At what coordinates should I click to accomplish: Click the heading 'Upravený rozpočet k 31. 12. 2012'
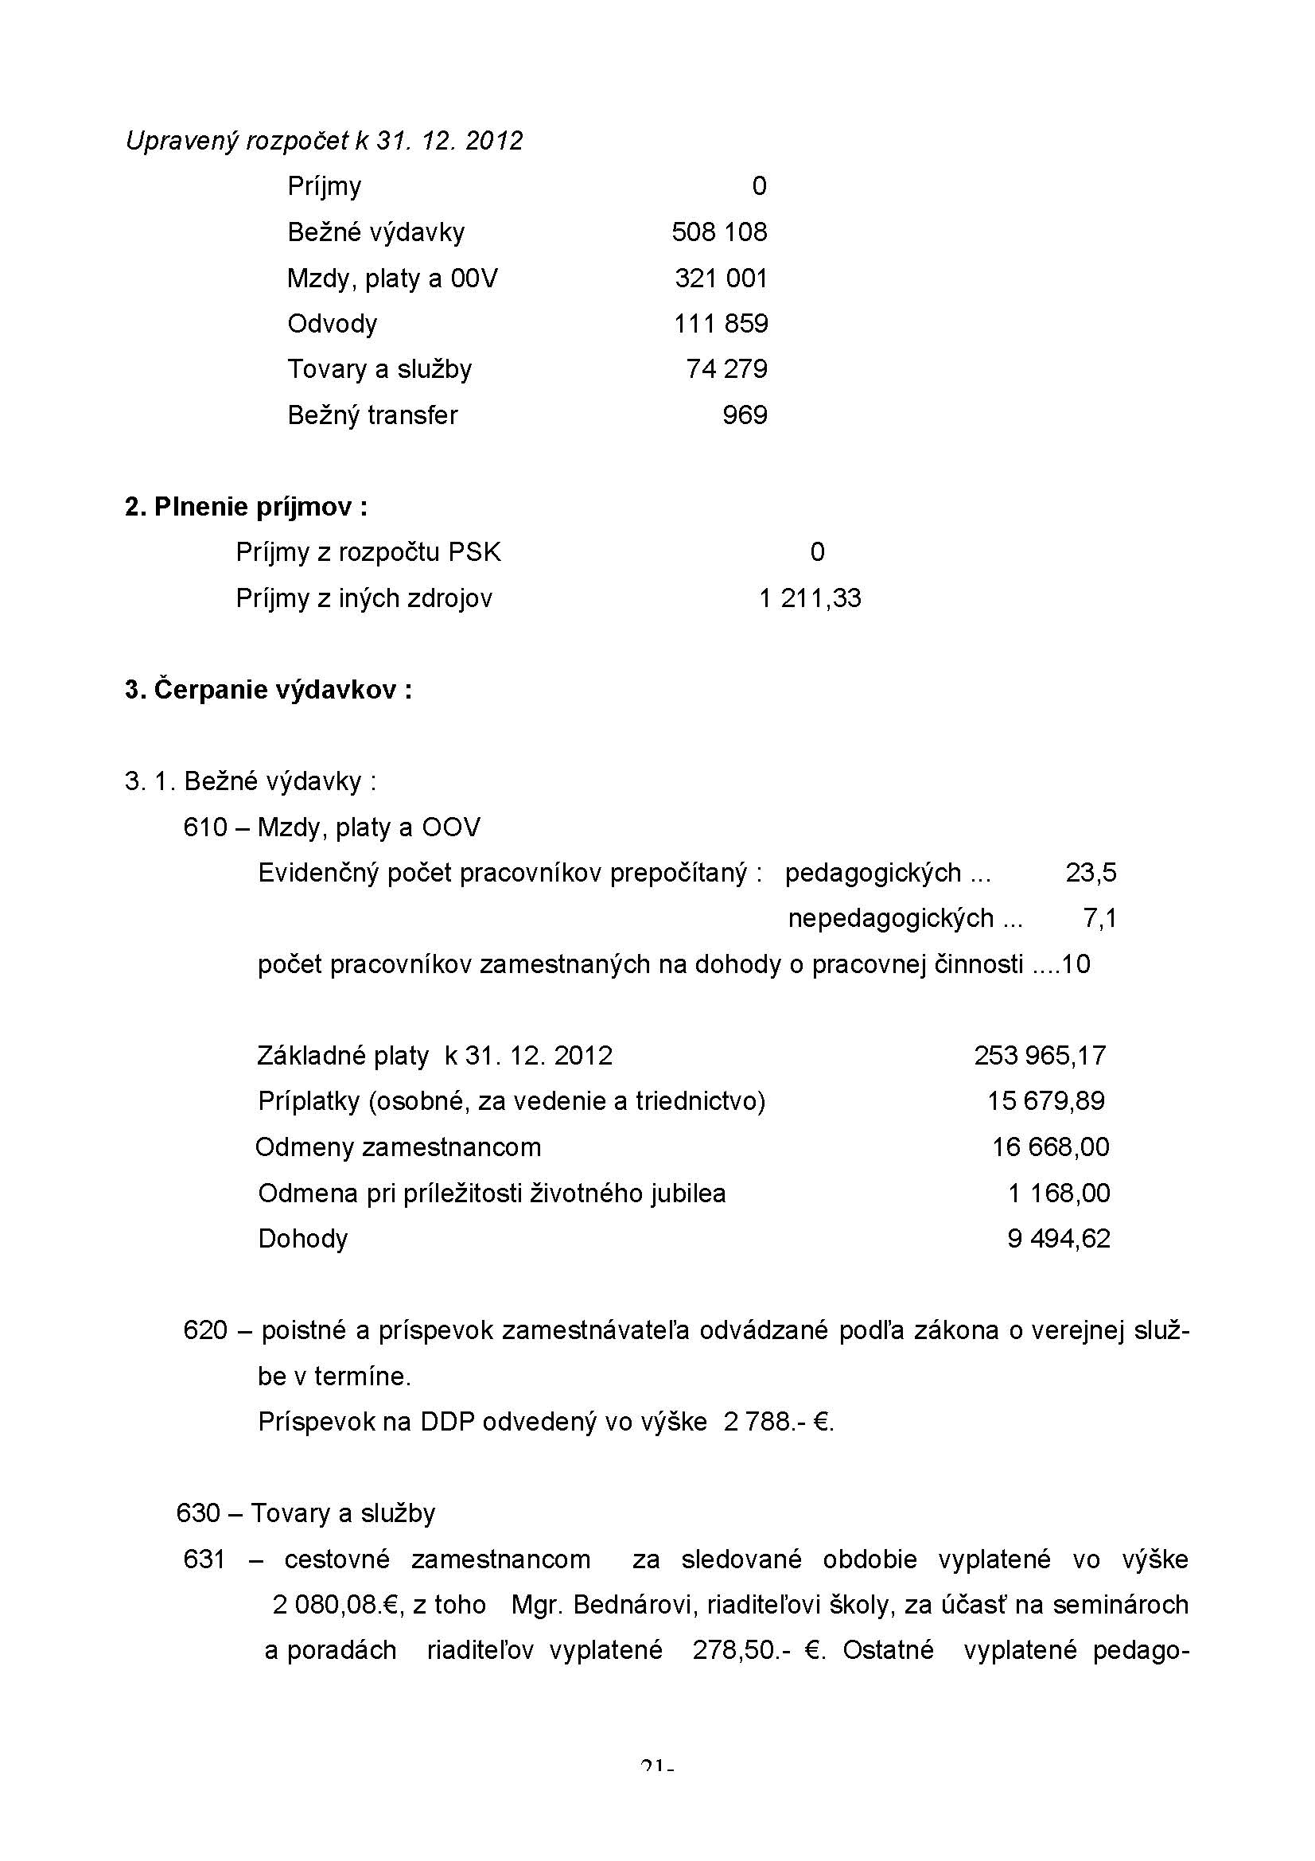[324, 141]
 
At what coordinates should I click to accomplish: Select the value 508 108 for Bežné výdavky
[718, 232]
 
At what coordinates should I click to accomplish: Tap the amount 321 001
[720, 278]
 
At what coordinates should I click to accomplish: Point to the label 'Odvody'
[333, 324]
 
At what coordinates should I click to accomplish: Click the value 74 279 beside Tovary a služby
[726, 370]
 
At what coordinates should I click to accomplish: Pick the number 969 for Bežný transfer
[745, 415]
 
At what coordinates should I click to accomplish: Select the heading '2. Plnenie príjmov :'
[247, 508]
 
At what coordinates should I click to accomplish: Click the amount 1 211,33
[809, 598]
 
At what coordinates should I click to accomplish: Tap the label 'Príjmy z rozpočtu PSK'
[368, 553]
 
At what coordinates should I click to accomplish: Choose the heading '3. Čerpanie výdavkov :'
[268, 690]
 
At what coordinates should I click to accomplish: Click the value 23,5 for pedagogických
[1091, 873]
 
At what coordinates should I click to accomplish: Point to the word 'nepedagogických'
[890, 918]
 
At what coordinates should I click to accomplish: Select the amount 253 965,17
[1040, 1055]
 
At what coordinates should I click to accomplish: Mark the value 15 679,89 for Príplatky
[1045, 1100]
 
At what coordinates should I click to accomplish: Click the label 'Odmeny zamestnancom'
[398, 1147]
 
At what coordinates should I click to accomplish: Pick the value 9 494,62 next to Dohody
[1058, 1239]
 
